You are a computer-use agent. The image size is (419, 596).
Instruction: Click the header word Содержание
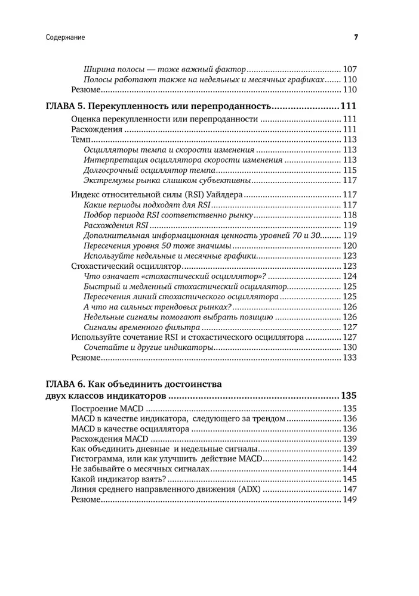65,38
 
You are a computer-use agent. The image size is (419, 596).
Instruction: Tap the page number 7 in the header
355,38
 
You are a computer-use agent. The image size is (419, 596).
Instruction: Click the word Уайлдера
220,194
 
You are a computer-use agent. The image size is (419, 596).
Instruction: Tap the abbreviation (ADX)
249,489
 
